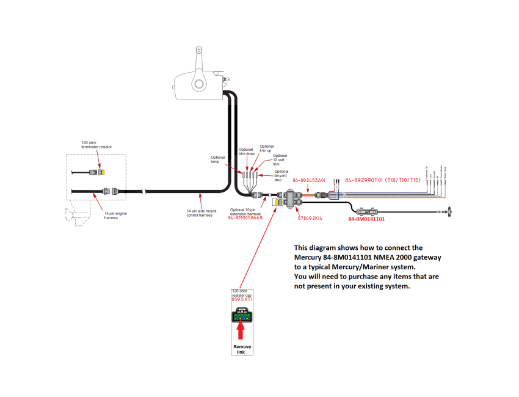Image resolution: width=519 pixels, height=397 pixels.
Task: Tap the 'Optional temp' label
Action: (218, 159)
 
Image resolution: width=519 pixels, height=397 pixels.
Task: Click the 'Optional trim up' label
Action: (267, 148)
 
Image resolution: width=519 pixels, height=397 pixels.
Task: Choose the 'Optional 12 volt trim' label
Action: (280, 160)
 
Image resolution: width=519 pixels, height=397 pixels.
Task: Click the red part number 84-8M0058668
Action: (245, 217)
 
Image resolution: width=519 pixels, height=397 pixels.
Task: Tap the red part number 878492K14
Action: (311, 217)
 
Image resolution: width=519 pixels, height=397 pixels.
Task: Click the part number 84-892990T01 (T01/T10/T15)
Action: (383, 181)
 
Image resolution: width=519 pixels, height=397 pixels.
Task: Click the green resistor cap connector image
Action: (242, 317)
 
